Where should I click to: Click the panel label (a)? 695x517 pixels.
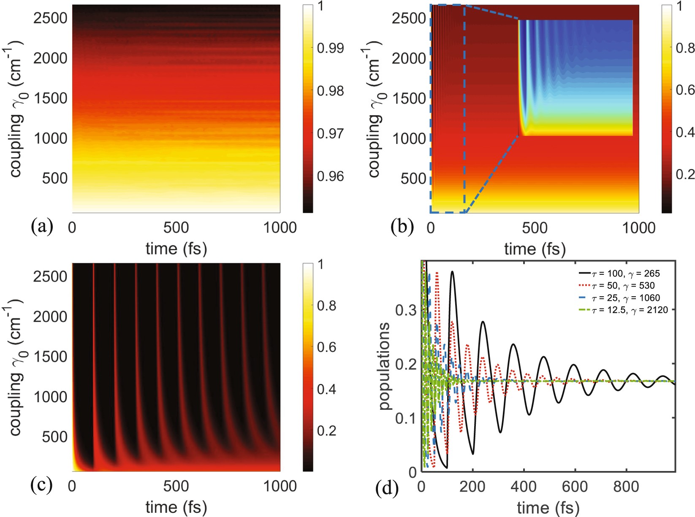(x=42, y=227)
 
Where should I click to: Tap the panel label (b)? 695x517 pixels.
(x=402, y=227)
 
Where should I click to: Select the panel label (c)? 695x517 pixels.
(x=42, y=485)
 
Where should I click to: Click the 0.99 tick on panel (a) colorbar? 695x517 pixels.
(x=330, y=48)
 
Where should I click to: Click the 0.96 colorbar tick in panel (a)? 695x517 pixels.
(x=330, y=176)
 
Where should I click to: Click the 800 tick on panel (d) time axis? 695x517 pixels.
(x=626, y=487)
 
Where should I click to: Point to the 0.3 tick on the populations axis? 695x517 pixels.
(x=406, y=310)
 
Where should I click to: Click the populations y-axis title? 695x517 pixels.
(x=384, y=366)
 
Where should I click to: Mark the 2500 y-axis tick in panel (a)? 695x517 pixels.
(x=50, y=18)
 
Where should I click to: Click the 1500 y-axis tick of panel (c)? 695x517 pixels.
(x=50, y=357)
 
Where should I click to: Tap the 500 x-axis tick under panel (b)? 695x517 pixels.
(x=534, y=228)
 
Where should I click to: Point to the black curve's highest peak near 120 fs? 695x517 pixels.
(x=452, y=272)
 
